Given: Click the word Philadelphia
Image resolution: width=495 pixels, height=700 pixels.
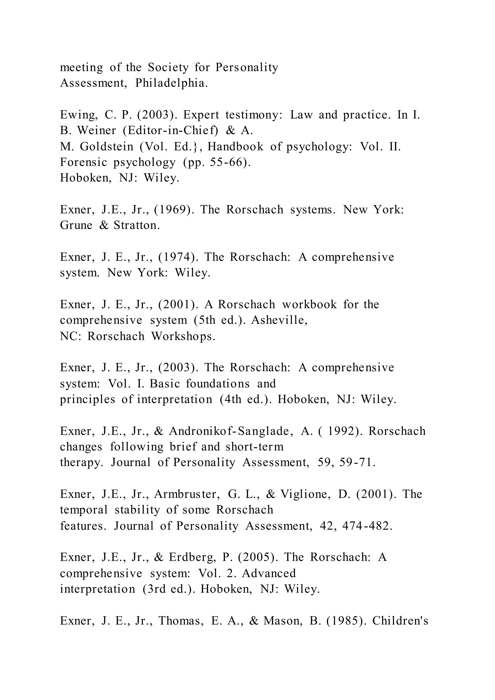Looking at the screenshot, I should coord(171,83).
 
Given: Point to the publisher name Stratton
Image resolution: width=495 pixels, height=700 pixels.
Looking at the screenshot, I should coord(137,225).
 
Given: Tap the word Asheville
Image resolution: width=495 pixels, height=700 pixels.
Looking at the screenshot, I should coord(279,320).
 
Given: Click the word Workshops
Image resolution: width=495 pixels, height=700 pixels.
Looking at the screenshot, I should coord(183,336).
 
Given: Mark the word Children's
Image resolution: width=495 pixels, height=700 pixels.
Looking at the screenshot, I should coord(400,620).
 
